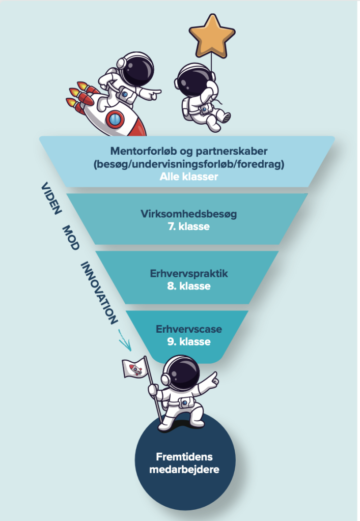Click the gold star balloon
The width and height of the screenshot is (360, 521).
[x=212, y=35]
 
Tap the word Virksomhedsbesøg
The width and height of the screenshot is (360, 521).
[x=188, y=214]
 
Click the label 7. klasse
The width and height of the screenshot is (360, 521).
[x=188, y=226]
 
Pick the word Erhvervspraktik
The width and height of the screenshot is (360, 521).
[x=188, y=274]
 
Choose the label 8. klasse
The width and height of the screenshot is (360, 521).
[x=188, y=286]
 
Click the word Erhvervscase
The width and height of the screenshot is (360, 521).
[x=188, y=329]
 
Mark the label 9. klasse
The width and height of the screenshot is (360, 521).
[x=188, y=341]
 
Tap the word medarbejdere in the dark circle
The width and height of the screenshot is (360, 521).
[x=184, y=469]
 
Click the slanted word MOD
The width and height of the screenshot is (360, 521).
[x=71, y=237]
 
